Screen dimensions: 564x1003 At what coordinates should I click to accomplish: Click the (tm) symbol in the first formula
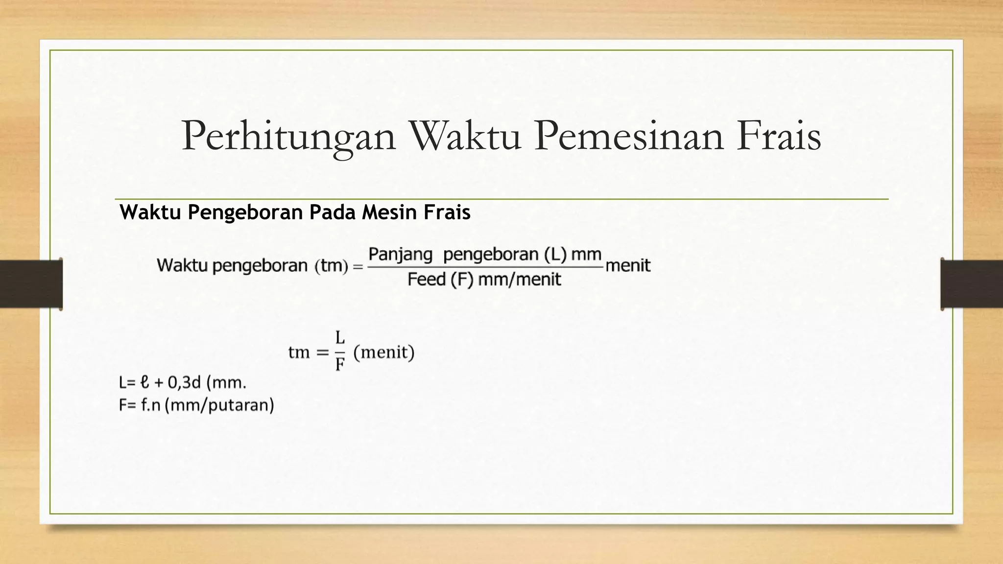coord(331,266)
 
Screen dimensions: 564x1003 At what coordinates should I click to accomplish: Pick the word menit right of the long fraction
coord(628,266)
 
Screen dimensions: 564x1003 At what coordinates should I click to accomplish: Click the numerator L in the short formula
coord(340,337)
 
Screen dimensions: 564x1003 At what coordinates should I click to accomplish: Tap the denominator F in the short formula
coord(340,364)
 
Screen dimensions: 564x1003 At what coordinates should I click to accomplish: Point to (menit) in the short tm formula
coord(384,352)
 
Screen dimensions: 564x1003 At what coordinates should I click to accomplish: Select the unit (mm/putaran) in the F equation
coord(219,405)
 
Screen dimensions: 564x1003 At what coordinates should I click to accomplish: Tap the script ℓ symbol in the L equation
coord(144,382)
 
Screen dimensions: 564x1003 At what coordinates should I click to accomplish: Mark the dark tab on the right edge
coord(972,284)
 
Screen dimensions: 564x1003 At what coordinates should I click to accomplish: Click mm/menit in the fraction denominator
coord(519,280)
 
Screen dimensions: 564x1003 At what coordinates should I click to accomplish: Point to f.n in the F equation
coord(151,405)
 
